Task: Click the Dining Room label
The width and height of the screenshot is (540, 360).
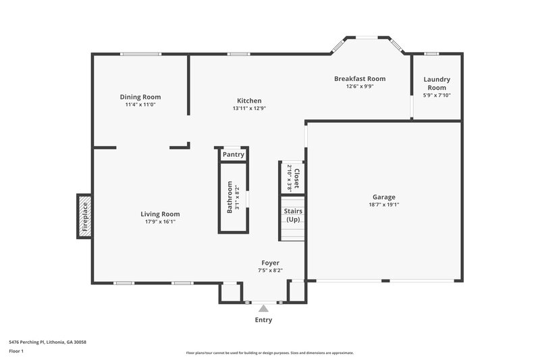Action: tap(140, 97)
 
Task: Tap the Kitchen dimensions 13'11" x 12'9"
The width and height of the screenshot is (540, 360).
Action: tap(249, 108)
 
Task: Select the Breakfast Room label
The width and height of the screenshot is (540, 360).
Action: tap(360, 78)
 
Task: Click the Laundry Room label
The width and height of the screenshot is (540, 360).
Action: tap(437, 84)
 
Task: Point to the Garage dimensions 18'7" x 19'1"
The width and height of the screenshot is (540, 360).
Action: tap(384, 205)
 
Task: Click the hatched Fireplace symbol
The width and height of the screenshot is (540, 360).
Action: tap(84, 217)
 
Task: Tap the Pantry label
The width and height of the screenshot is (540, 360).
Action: tap(233, 155)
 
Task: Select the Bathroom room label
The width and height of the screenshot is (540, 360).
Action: tap(230, 197)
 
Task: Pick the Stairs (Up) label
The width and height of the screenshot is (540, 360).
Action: tap(293, 215)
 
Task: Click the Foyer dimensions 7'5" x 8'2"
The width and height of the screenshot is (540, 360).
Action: tap(271, 270)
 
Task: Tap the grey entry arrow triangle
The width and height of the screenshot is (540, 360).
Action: tap(263, 308)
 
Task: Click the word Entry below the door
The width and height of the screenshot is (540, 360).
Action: tap(263, 320)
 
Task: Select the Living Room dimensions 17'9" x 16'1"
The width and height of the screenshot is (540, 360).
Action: tap(160, 222)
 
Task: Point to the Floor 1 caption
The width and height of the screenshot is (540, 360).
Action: tap(16, 352)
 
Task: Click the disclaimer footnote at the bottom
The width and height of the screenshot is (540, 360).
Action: tap(269, 353)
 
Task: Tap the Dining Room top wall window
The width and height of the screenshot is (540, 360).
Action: tap(140, 54)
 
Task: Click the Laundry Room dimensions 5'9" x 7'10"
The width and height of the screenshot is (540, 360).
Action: tap(437, 95)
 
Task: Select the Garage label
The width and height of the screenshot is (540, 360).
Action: tap(384, 197)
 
